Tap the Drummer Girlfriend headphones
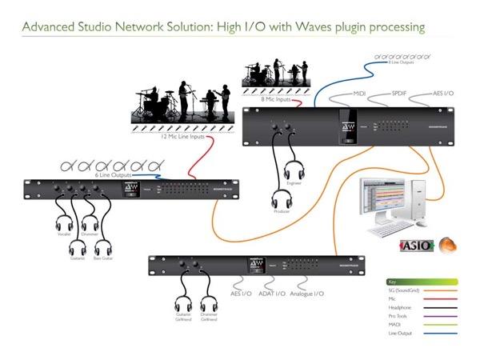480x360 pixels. point(210,305)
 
